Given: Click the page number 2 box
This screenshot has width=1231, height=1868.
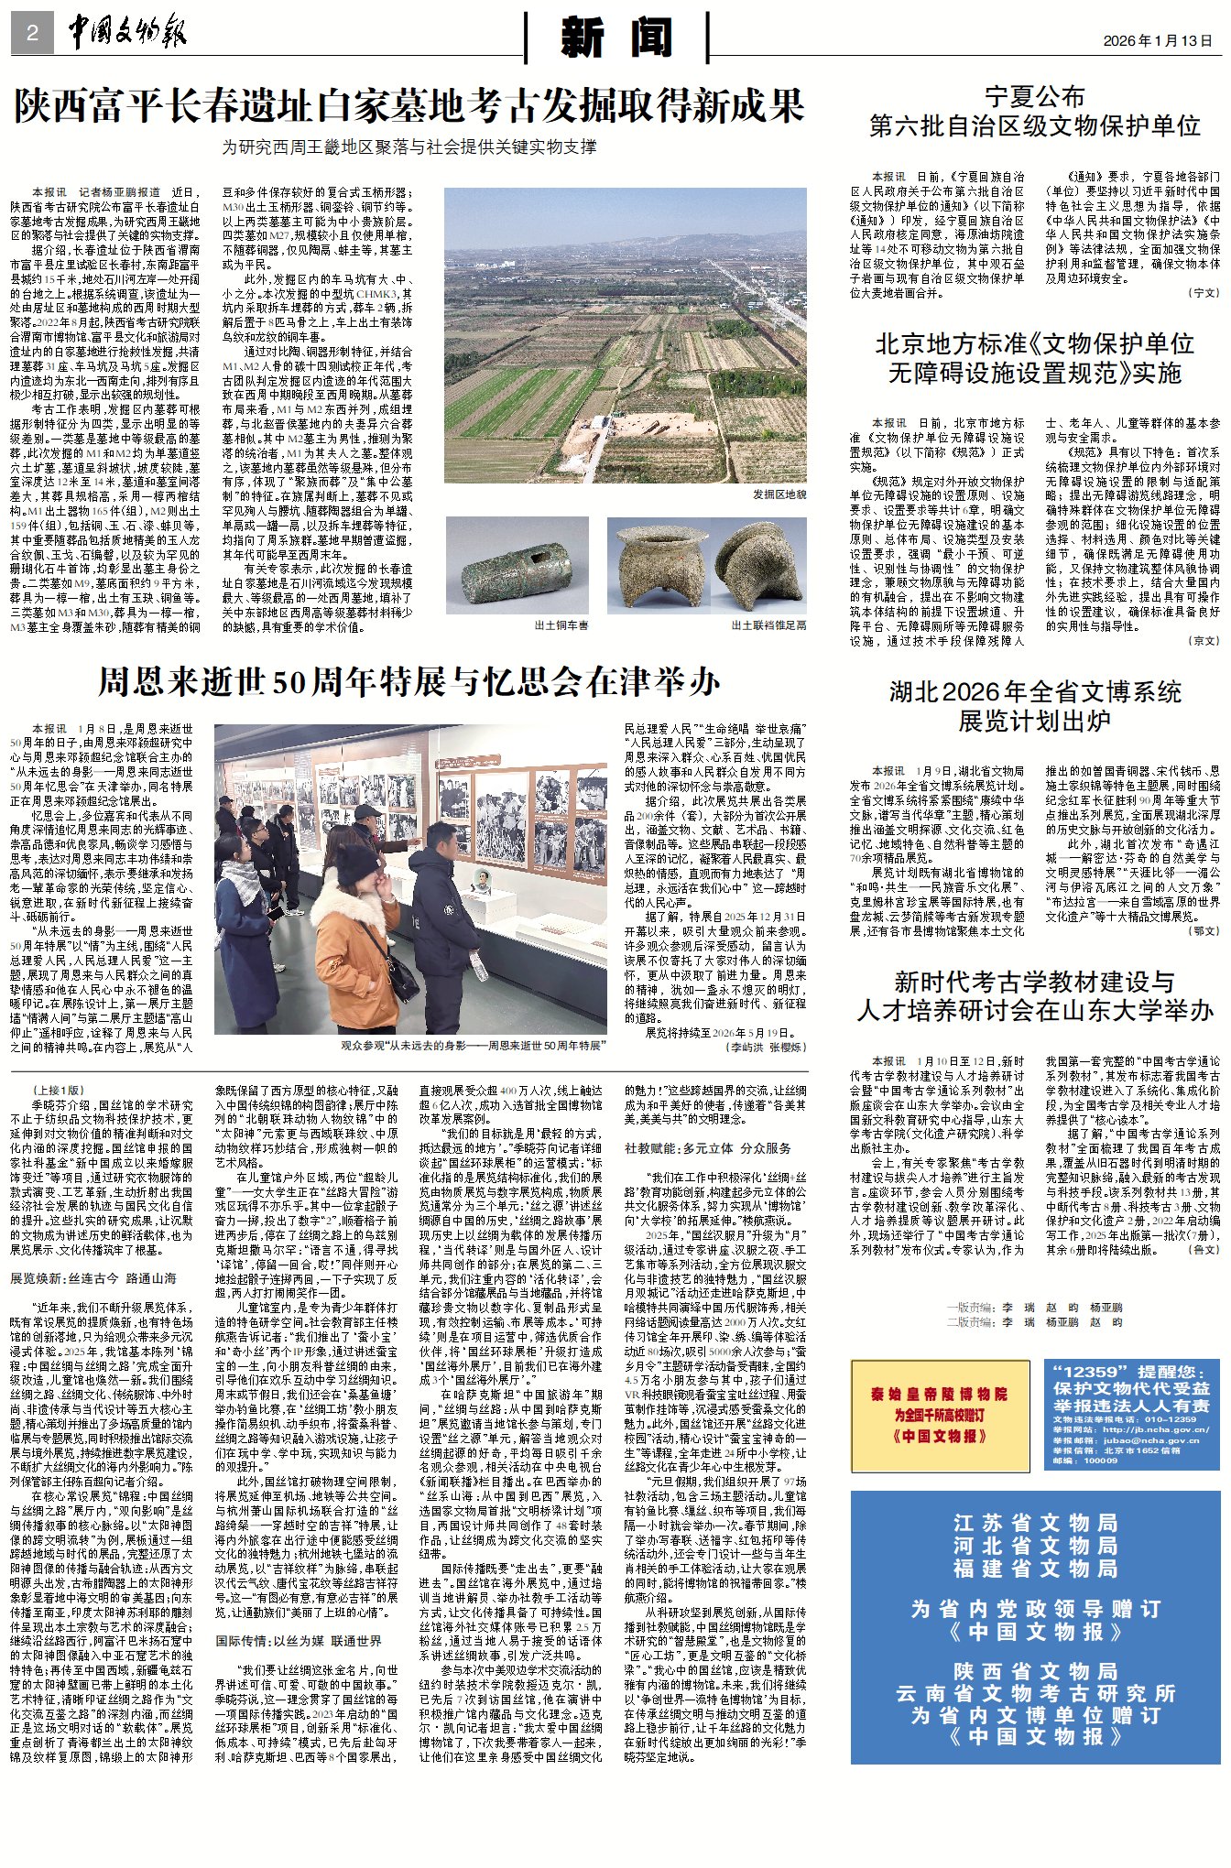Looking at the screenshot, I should [x=32, y=34].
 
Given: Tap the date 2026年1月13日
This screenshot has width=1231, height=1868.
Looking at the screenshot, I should [x=1158, y=41].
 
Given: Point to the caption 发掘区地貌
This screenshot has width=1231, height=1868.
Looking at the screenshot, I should [x=779, y=494].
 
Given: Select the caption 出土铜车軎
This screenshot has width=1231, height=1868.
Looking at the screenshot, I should [x=561, y=625].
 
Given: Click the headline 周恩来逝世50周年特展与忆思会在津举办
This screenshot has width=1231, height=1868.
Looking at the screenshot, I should [x=409, y=682].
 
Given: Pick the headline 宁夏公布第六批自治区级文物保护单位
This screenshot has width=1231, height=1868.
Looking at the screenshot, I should [x=1035, y=112].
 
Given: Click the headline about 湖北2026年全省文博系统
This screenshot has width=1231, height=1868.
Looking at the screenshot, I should [x=1035, y=706].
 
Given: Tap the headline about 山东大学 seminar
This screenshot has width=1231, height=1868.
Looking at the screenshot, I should [x=1035, y=996].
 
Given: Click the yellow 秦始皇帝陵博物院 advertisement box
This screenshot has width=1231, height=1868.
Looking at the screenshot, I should [x=940, y=1415].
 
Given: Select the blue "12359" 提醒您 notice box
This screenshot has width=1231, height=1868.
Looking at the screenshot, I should [x=1132, y=1415].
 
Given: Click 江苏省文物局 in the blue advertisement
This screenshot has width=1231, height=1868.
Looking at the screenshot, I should [x=1035, y=1523].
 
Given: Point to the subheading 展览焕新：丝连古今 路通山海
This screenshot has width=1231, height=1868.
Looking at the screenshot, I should [x=93, y=1278].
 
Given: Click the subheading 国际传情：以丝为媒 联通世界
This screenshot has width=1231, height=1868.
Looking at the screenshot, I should [x=299, y=1641].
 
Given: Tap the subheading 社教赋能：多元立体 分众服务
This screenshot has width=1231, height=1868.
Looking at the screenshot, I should [x=708, y=1148].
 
